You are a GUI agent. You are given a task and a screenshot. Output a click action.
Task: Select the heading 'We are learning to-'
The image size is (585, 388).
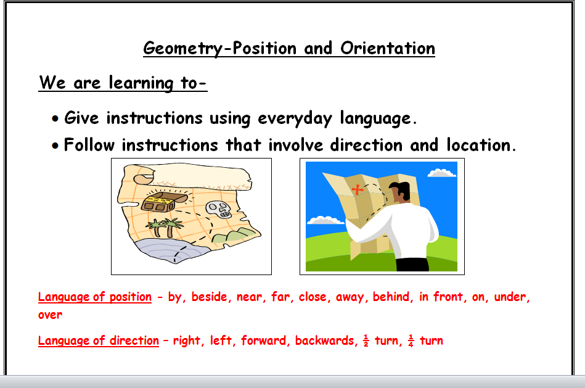123,83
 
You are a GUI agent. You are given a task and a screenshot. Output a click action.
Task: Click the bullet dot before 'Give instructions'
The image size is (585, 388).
56,118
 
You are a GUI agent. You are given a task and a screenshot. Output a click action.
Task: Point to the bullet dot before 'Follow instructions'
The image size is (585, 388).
56,146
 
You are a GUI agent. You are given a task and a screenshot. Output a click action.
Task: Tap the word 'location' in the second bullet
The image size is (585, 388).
478,146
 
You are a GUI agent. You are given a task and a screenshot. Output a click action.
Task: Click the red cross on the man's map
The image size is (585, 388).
357,189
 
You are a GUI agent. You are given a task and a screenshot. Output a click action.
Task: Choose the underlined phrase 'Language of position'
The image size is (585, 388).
95,297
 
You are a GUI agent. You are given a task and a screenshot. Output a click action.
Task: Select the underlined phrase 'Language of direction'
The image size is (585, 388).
99,341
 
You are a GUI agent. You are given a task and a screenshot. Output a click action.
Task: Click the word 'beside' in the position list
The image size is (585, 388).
210,297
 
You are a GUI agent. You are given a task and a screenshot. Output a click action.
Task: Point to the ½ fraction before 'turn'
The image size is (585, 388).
366,341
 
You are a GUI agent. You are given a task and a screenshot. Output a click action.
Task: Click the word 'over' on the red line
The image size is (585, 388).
50,315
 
